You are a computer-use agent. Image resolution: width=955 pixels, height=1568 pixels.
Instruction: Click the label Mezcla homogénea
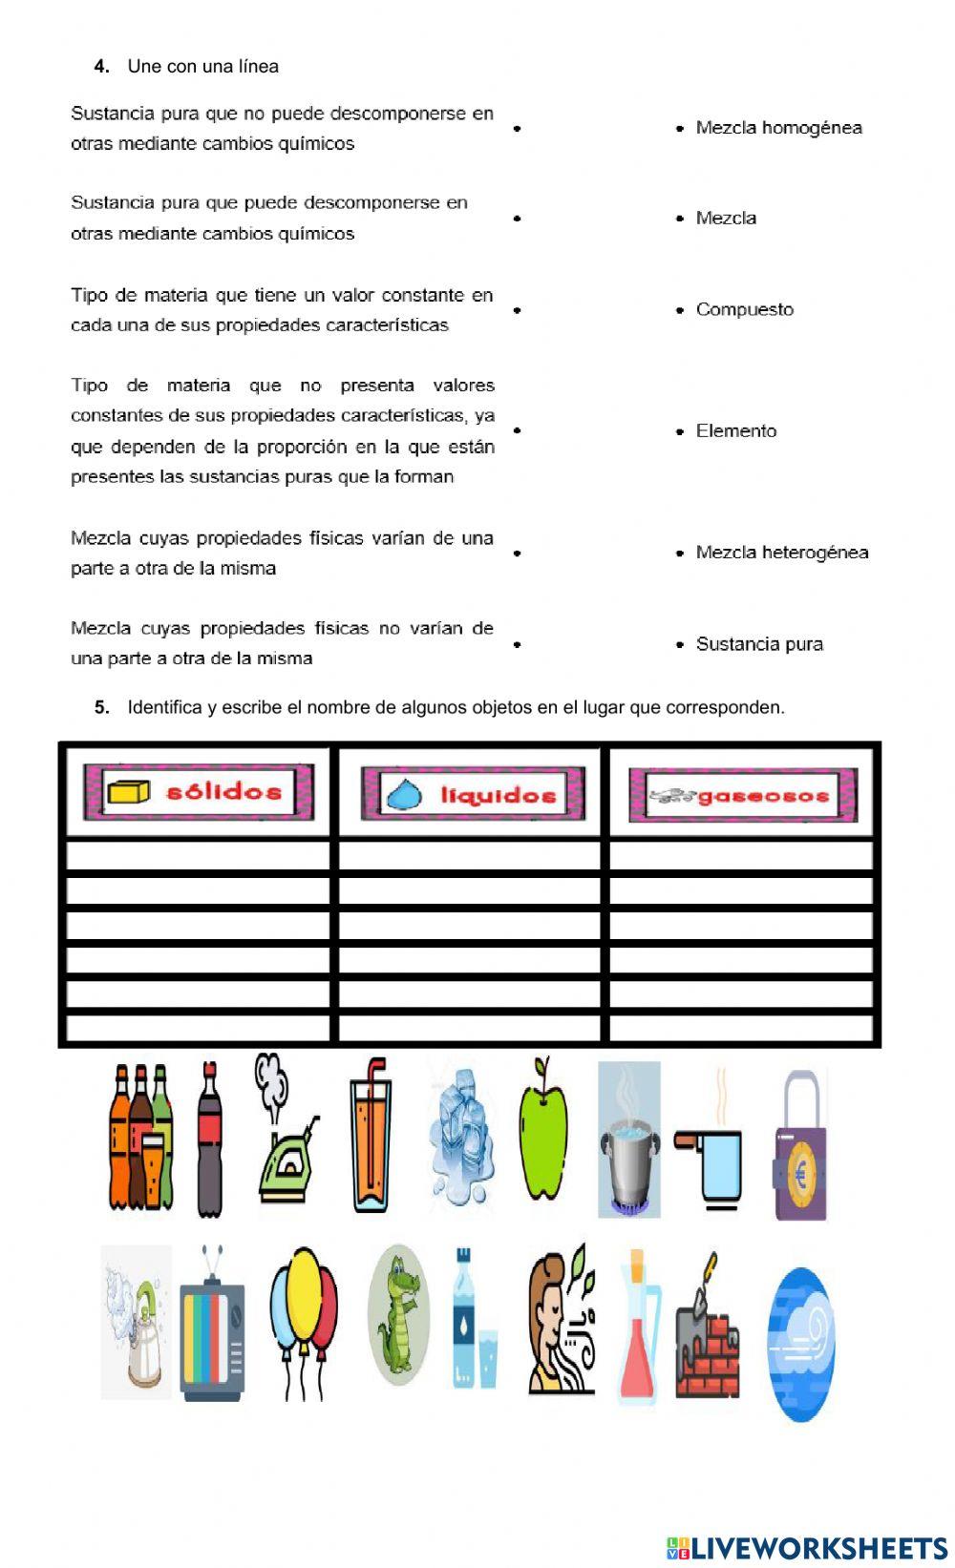778,128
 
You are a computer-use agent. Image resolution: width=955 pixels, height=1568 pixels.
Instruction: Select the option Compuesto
744,309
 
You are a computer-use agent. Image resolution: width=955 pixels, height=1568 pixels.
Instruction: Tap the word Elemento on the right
735,430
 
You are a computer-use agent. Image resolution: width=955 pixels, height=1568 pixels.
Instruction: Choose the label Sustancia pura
759,644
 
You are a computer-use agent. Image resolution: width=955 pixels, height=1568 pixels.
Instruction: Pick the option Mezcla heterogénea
781,553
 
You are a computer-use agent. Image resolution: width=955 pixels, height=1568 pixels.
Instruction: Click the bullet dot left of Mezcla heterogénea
680,553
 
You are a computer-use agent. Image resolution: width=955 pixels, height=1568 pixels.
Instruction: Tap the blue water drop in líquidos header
401,794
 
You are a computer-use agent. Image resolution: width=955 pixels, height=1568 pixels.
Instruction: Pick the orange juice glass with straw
370,1140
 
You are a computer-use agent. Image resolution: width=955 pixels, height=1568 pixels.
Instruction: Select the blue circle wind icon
801,1342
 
